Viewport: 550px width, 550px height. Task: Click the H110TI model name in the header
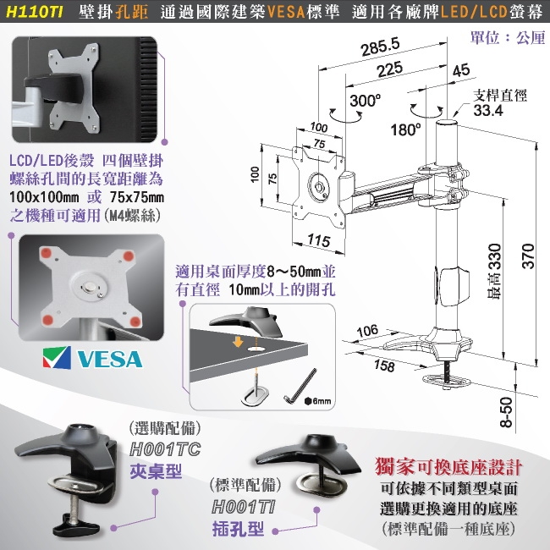35,13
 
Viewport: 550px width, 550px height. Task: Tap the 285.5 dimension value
381,47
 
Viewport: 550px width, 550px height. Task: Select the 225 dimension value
390,69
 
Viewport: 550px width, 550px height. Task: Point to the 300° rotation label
365,101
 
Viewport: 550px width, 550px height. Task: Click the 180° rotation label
406,129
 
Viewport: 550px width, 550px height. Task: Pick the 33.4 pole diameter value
488,111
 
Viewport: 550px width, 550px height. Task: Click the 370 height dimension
528,256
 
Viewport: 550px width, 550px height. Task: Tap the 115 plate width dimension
319,241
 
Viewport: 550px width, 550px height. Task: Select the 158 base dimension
384,366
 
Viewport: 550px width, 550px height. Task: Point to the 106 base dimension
367,330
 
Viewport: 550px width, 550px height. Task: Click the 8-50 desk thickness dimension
506,412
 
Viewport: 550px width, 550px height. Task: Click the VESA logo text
110,359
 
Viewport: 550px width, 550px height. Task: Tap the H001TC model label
165,449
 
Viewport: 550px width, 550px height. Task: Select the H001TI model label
244,507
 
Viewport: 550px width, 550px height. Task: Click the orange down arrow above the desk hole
238,342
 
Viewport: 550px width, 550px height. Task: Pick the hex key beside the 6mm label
300,386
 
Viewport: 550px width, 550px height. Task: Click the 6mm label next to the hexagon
322,401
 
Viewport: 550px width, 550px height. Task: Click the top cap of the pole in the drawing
447,123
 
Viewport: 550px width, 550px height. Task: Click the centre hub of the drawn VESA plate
319,186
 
